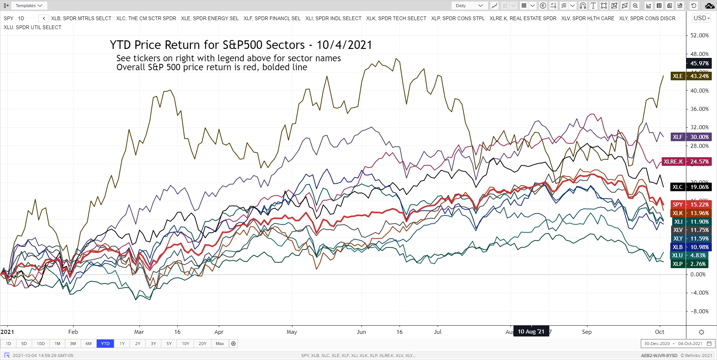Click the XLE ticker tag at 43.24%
[x=691, y=76]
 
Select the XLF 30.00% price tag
[x=691, y=137]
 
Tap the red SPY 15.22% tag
[x=691, y=205]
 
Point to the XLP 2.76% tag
[x=691, y=264]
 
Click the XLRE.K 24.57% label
[x=686, y=162]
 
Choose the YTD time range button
[x=105, y=344]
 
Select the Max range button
[x=220, y=344]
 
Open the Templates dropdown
[x=29, y=6]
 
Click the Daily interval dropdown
[x=469, y=6]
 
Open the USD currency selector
[x=701, y=18]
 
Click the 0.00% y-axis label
[x=698, y=274]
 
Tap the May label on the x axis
[x=292, y=332]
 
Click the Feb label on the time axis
[x=73, y=332]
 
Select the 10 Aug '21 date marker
[x=531, y=332]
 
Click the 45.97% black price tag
[x=699, y=63]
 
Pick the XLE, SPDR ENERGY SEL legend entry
[x=209, y=18]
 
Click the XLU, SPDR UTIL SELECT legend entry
[x=32, y=27]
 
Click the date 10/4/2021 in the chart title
[x=344, y=45]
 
